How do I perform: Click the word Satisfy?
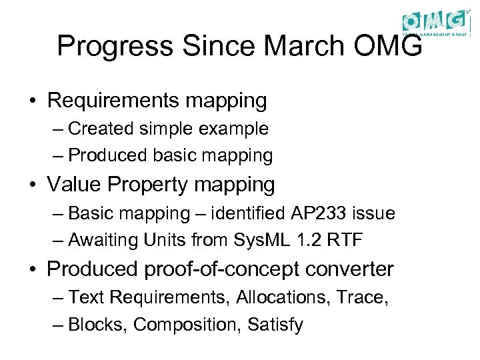click(275, 325)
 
